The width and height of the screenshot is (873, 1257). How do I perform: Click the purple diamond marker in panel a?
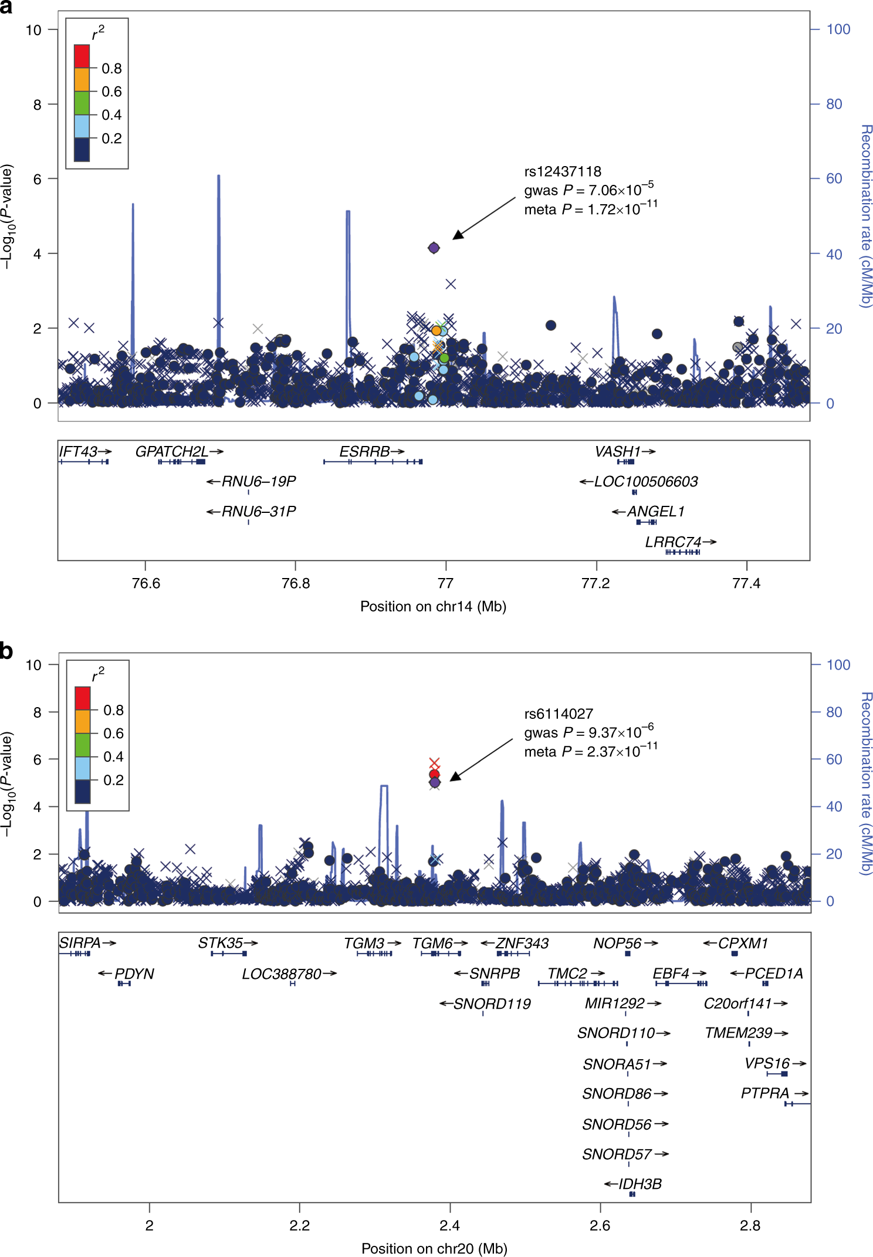434,248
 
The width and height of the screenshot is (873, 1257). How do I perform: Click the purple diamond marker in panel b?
435,782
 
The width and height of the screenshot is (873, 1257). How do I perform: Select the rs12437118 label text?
562,171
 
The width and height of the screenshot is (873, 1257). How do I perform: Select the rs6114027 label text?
558,714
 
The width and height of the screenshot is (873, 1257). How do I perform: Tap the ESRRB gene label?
364,451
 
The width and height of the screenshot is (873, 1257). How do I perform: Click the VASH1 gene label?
617,451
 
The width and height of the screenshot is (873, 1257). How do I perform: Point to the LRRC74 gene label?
673,542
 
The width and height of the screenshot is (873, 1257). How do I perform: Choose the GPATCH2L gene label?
172,451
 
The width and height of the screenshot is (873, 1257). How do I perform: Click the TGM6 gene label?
432,943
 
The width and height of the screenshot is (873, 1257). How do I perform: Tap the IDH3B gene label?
640,1184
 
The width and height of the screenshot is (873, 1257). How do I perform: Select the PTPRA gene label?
765,1093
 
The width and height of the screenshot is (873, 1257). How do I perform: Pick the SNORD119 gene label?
492,1003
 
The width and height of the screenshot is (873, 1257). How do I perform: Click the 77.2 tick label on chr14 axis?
595,583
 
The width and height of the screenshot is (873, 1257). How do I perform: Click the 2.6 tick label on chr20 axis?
600,1225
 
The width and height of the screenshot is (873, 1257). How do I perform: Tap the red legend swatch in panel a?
82,56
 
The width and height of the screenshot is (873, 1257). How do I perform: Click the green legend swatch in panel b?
83,745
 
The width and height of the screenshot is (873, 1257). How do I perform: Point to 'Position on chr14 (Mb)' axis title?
433,606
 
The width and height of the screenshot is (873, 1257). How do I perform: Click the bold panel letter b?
6,651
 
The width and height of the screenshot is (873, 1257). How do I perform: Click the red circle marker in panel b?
434,774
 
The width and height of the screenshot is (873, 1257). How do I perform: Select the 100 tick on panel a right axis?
838,29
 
